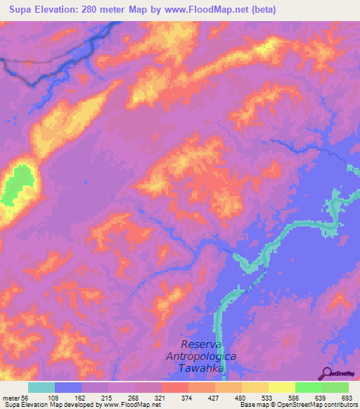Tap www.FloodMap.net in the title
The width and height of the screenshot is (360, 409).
click(205, 10)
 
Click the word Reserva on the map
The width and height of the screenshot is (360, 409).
click(202, 344)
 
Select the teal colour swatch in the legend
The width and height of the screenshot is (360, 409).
click(41, 387)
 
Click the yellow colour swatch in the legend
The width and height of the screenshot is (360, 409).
click(281, 387)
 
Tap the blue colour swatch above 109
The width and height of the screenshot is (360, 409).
click(67, 387)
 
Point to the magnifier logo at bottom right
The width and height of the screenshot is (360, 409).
click(326, 372)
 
